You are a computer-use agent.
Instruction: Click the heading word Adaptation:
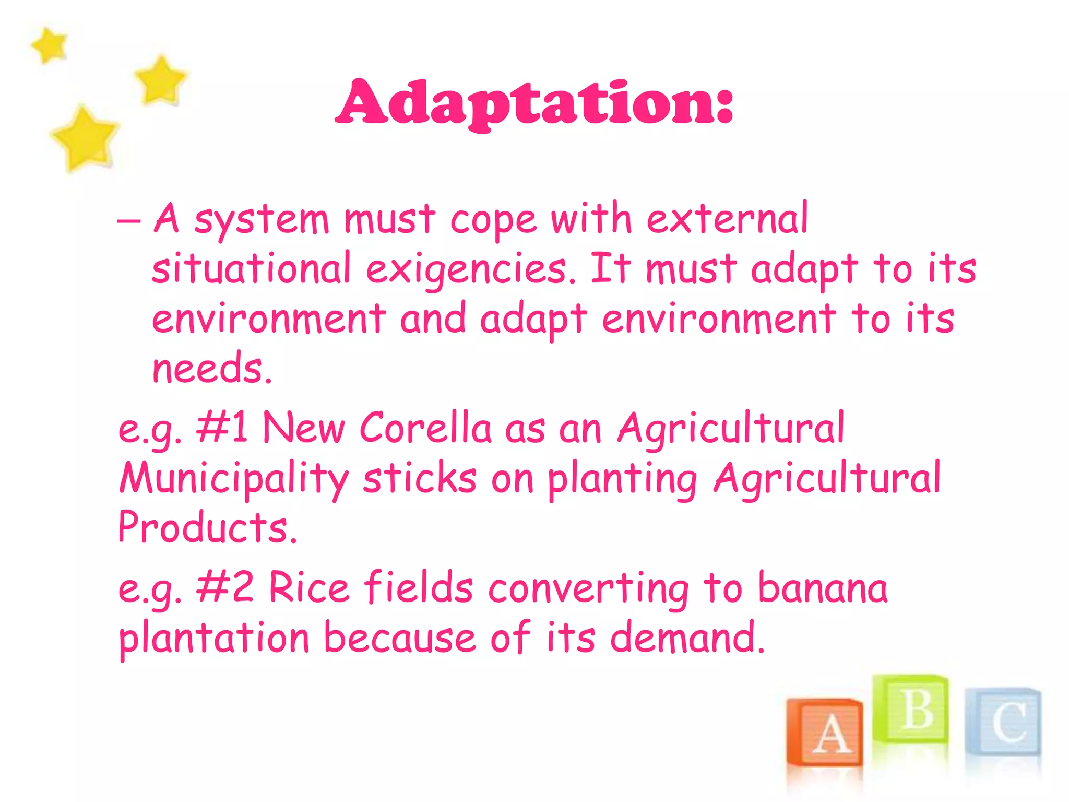(x=534, y=103)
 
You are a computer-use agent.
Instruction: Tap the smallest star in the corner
(x=49, y=45)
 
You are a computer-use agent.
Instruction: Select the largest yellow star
(x=85, y=139)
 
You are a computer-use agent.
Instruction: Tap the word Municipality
(x=233, y=478)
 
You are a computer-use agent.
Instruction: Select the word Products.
(x=207, y=527)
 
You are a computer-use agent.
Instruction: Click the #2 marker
(x=225, y=587)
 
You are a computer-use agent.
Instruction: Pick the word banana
(x=822, y=587)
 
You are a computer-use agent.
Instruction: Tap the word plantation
(x=214, y=638)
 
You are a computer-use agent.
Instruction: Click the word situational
(x=251, y=269)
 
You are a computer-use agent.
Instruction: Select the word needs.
(x=211, y=369)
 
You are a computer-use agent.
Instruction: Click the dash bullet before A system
(x=128, y=221)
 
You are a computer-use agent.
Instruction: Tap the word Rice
(x=308, y=587)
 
